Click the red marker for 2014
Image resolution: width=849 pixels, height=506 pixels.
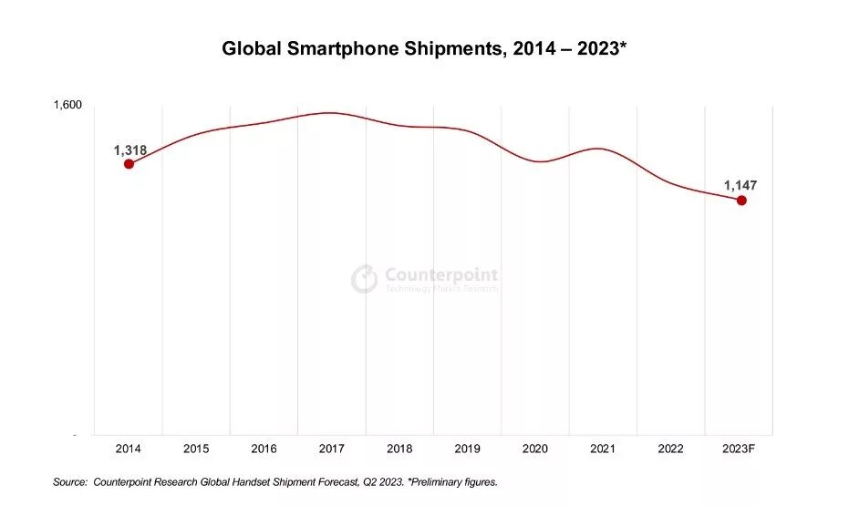129,164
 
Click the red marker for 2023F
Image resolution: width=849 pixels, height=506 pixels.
741,201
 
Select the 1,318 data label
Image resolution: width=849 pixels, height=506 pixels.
130,150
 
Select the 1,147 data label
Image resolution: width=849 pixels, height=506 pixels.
740,185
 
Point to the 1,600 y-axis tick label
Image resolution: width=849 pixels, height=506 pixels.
67,105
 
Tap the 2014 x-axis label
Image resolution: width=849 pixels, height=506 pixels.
129,449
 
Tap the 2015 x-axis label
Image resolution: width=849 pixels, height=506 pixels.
196,449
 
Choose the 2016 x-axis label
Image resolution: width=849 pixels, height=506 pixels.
264,449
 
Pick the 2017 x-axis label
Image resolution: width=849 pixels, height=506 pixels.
332,449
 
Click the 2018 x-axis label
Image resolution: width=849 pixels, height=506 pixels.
399,449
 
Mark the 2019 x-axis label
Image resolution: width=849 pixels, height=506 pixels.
468,449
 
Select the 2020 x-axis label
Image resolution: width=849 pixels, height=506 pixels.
535,449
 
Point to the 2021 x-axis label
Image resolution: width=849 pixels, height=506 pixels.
603,449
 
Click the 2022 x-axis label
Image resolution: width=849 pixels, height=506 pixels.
671,449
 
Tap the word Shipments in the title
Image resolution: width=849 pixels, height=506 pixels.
450,49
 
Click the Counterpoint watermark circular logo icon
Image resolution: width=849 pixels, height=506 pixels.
365,279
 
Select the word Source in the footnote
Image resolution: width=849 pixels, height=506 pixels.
68,481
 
